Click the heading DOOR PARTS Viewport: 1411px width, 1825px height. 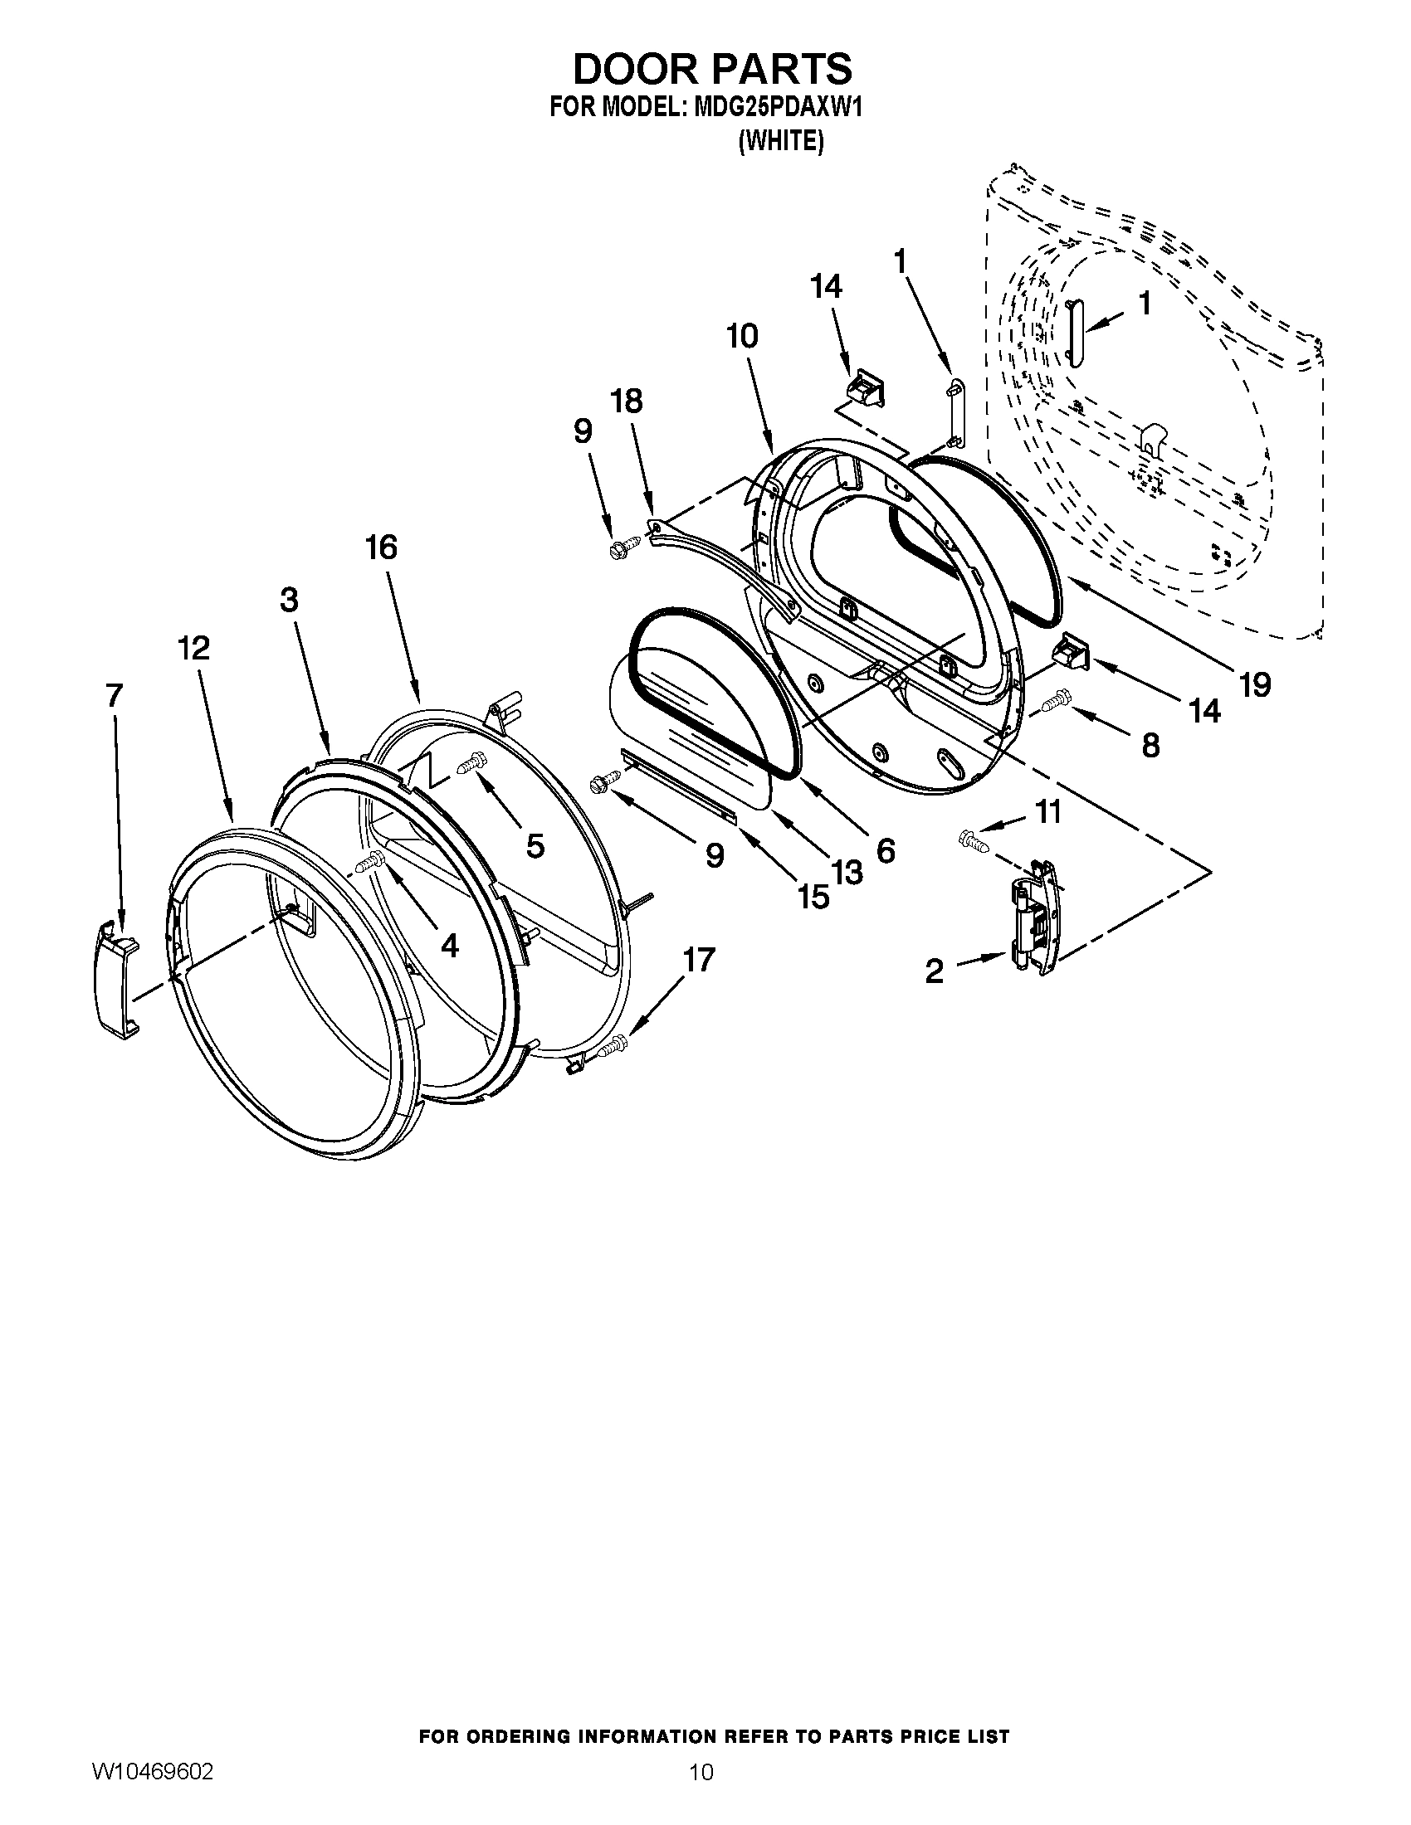711,69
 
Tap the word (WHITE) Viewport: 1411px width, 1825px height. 781,142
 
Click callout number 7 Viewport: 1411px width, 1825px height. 115,695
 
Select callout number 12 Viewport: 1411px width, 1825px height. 194,648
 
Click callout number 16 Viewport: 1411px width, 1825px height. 381,548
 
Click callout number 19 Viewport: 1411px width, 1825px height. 1255,684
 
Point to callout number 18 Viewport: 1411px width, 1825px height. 627,401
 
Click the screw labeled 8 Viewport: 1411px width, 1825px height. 1058,700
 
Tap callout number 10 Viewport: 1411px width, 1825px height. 742,336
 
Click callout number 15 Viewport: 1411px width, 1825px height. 813,897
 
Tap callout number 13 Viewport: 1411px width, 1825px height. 846,873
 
